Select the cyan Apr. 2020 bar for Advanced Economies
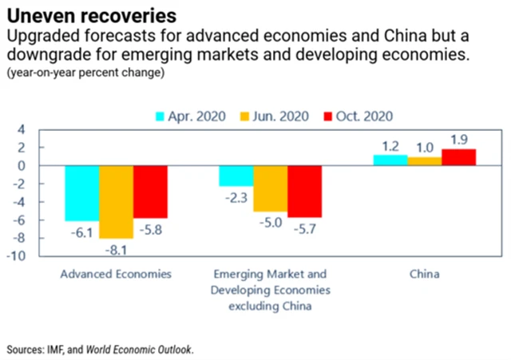82,193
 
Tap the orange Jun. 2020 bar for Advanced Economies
116,201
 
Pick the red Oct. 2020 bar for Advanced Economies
150,192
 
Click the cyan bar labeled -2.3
237,176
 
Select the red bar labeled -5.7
305,192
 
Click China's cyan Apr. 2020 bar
390,160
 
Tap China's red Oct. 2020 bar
458,157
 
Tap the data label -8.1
116,247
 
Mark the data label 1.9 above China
458,140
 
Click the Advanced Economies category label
117,275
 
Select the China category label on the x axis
425,275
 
